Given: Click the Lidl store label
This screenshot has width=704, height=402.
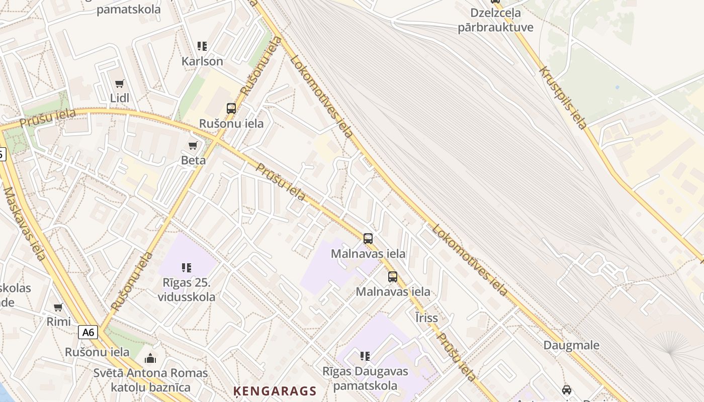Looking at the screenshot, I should (x=120, y=98).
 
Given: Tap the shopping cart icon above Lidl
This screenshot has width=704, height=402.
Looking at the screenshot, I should (x=120, y=83).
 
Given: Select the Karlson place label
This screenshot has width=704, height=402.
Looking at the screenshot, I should (x=202, y=61).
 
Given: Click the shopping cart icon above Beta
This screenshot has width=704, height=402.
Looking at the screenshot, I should (x=193, y=146).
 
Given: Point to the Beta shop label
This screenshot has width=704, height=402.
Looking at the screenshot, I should (x=194, y=160).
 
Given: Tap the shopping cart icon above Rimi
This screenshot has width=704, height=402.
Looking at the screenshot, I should (x=58, y=307).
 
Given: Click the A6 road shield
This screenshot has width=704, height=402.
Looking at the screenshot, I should (x=88, y=332).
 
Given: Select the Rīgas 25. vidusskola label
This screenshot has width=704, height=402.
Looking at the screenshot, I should (x=187, y=290).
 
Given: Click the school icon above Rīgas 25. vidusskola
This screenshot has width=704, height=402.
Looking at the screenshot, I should (x=187, y=268).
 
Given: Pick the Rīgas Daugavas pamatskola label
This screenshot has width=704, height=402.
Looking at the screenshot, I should (x=366, y=379).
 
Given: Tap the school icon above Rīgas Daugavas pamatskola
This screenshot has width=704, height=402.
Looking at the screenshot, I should (x=365, y=356).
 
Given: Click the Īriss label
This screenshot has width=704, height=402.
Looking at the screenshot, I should (x=426, y=318).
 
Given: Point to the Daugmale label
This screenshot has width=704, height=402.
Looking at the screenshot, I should (x=571, y=345).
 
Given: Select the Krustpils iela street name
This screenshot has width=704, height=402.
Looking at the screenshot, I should (x=563, y=97).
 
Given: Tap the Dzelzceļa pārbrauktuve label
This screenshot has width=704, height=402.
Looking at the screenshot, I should (x=495, y=20).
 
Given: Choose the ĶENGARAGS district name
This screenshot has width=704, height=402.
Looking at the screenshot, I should (x=275, y=391).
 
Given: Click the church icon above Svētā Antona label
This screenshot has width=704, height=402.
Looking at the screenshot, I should (x=150, y=358).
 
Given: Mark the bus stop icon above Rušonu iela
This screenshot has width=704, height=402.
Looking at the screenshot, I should (x=231, y=108).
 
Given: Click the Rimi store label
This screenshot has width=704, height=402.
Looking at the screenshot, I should (x=59, y=322).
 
